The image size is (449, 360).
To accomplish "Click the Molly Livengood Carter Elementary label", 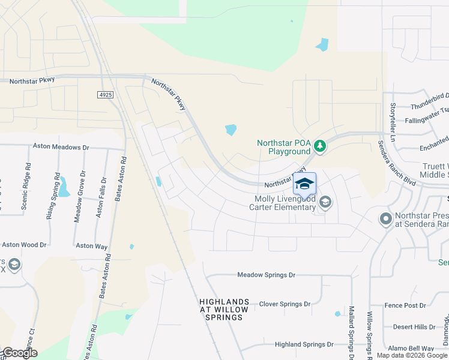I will [x=285, y=203].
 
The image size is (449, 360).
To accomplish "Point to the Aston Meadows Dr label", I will [x=61, y=146].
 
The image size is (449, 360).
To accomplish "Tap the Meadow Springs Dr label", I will [x=267, y=275].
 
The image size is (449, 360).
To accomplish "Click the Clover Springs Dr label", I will [x=285, y=304].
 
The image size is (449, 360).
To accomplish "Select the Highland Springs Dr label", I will [x=304, y=344].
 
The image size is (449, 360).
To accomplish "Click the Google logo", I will [x=19, y=353].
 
